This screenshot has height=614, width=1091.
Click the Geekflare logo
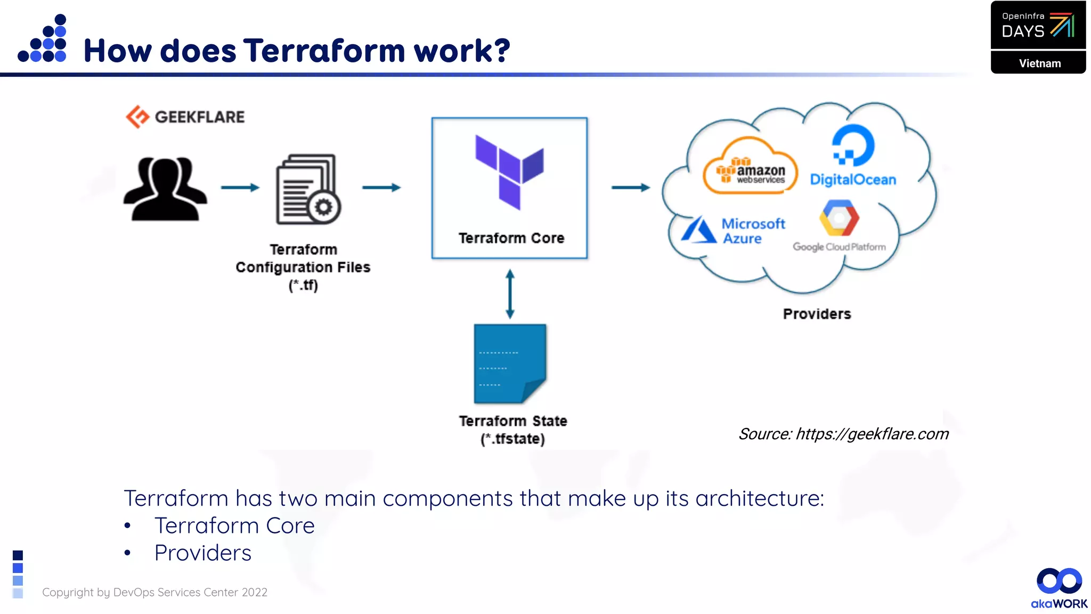[185, 117]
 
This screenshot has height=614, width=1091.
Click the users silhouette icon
[165, 189]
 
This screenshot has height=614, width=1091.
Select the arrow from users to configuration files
[240, 188]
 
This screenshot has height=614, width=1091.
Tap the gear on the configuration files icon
[323, 207]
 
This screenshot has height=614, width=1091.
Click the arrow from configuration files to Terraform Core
[381, 188]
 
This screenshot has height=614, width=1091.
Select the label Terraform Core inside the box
[511, 238]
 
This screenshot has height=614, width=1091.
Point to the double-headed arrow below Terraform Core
[510, 294]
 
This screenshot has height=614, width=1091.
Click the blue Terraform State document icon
[510, 363]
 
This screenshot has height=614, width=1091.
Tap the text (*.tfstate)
[512, 439]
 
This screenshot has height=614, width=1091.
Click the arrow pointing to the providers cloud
[630, 188]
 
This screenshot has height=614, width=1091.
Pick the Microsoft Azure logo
[733, 231]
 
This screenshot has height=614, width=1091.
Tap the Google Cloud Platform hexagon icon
[839, 218]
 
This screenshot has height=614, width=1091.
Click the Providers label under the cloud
[817, 314]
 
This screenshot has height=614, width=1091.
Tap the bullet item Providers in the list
[202, 553]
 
